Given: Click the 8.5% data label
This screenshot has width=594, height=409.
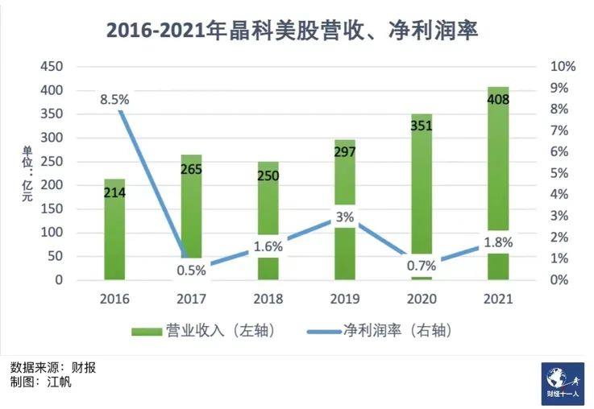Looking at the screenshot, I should (x=114, y=100).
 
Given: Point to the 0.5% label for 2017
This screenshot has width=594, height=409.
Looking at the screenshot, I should (x=192, y=271).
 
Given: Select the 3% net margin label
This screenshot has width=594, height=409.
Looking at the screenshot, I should (x=345, y=217).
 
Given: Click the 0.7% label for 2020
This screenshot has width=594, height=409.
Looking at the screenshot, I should (x=422, y=266).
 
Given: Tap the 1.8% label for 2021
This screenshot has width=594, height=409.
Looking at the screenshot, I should (x=498, y=242).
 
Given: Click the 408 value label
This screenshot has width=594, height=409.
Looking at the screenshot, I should (x=498, y=100).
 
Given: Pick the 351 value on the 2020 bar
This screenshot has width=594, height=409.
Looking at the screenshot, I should (x=422, y=126).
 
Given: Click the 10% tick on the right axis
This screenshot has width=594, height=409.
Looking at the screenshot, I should (x=563, y=67).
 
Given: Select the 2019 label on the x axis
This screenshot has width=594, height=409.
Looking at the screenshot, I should (x=345, y=300).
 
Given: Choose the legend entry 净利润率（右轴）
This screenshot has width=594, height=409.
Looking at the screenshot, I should (x=379, y=331).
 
